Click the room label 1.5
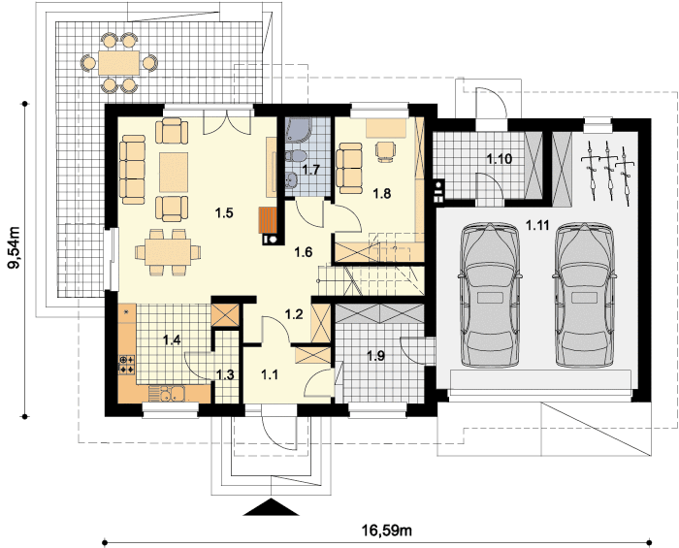(224, 213)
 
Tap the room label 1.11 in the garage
(537, 225)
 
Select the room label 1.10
(499, 159)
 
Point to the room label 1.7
(311, 169)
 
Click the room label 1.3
(225, 374)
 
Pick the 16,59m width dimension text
(387, 530)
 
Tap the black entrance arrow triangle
(272, 507)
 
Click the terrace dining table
(119, 63)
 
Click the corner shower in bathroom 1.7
(296, 131)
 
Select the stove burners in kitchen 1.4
(127, 365)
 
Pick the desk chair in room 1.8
(385, 151)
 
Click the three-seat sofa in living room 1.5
(133, 169)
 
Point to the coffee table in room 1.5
(174, 172)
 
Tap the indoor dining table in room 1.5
(168, 252)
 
